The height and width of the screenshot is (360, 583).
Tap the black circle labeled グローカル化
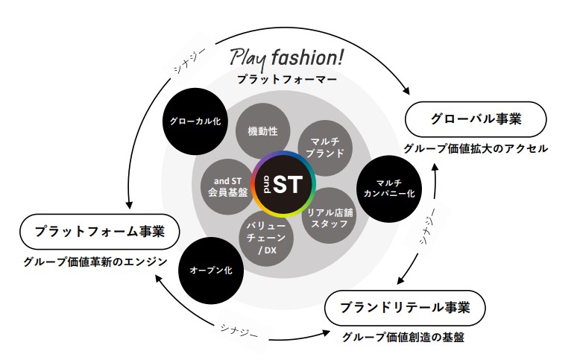(194, 120)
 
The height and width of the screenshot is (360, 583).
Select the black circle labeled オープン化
(211, 270)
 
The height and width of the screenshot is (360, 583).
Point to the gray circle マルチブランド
(325, 145)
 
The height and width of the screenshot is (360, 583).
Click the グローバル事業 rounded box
(476, 119)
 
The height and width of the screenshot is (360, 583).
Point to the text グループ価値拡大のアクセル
(476, 148)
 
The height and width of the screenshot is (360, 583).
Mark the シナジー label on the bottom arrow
(240, 329)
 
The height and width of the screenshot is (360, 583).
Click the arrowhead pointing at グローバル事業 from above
(409, 91)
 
